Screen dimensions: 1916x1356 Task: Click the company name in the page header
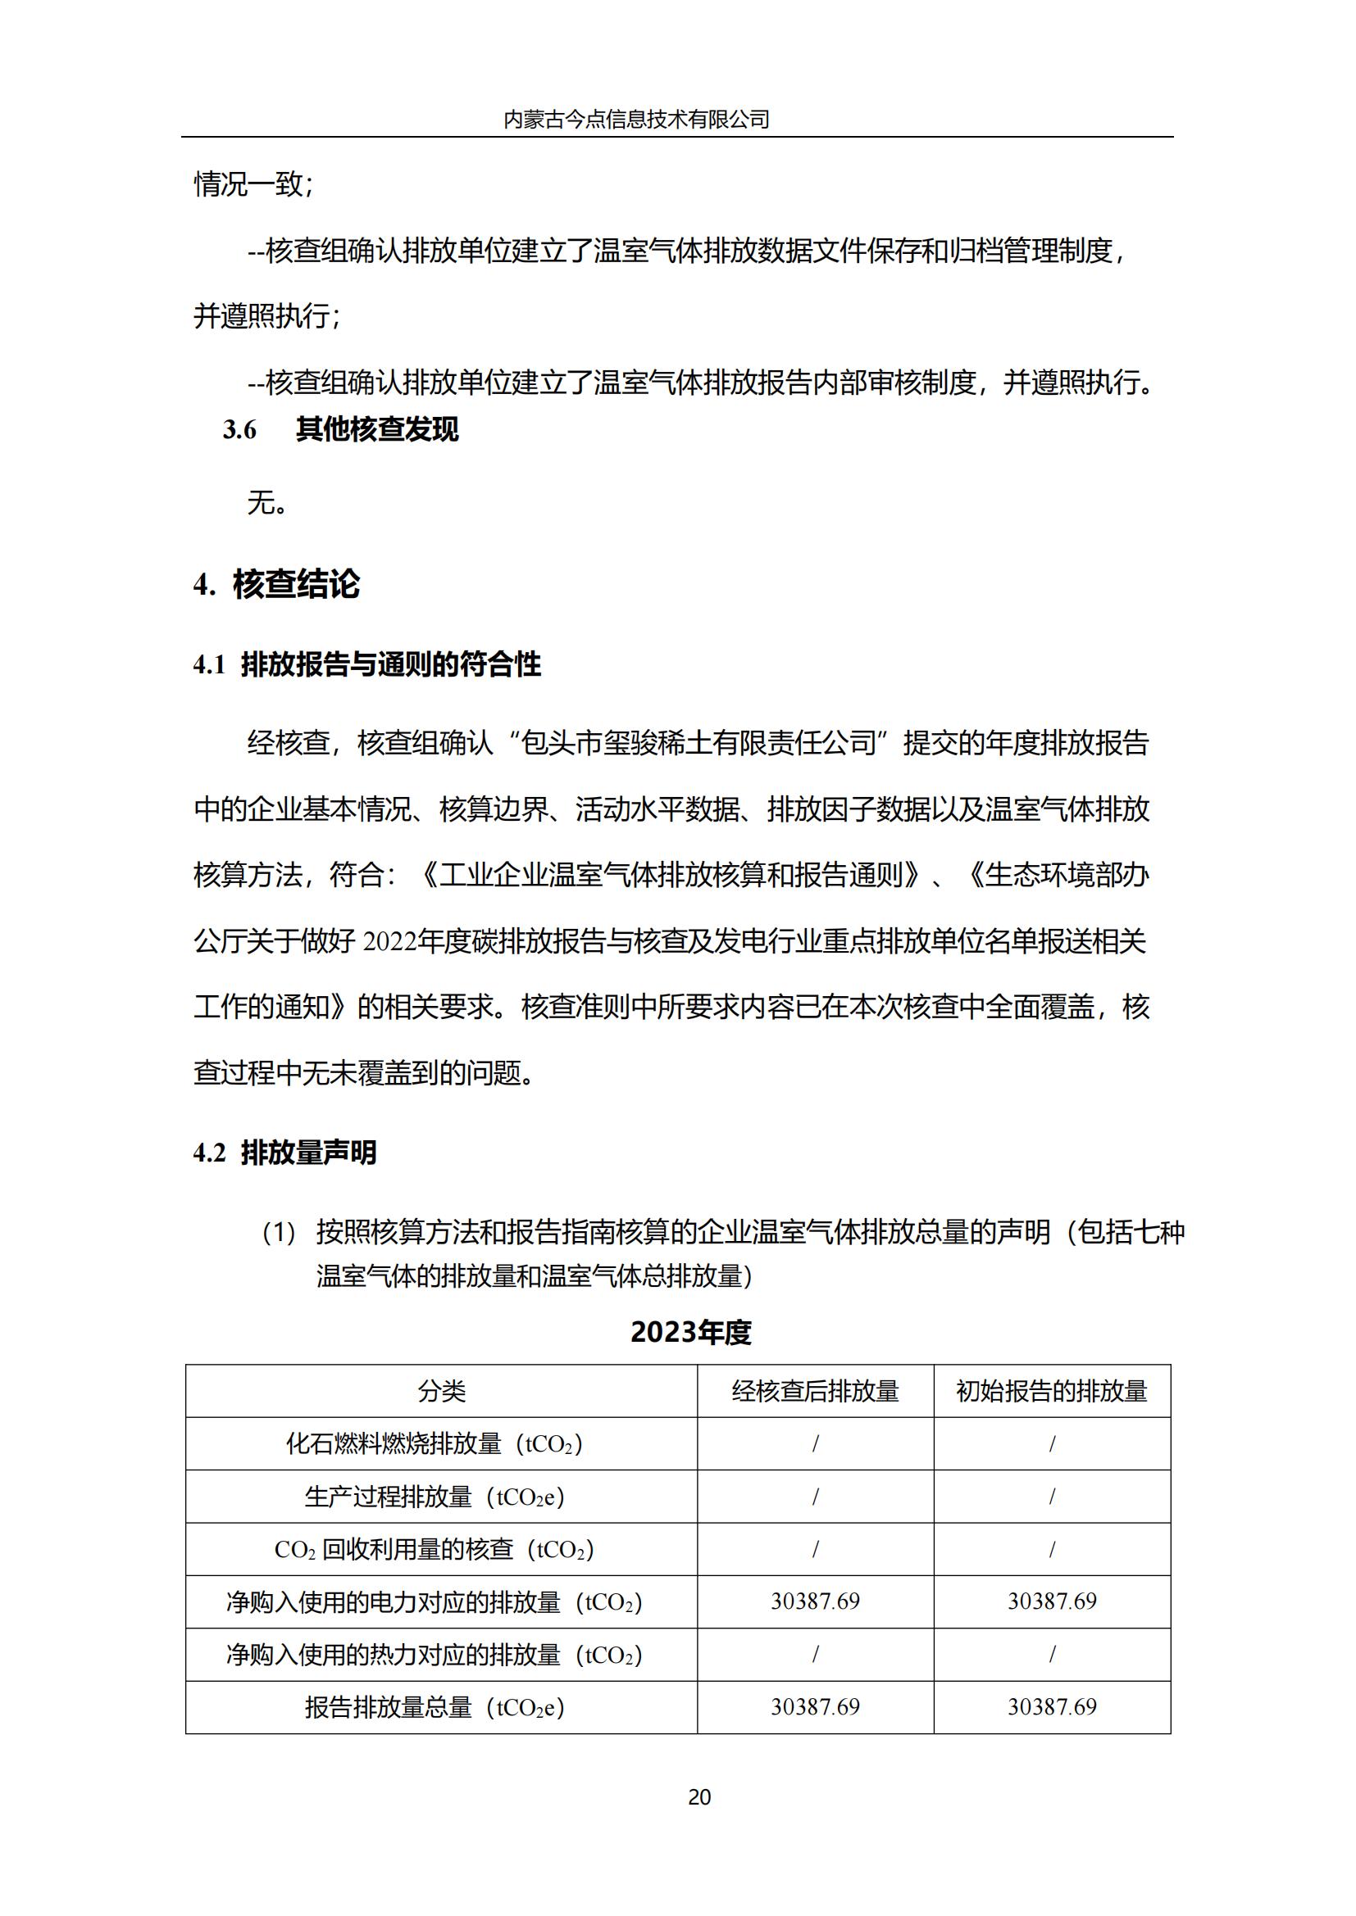(636, 120)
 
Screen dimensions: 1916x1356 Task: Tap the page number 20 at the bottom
(699, 1796)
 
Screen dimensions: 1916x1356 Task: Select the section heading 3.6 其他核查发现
(341, 430)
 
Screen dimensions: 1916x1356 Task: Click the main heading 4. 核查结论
(276, 584)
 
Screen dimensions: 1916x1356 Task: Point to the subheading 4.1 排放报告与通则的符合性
(366, 665)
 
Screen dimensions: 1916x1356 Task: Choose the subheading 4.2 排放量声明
(284, 1153)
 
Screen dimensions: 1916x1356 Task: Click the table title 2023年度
(690, 1332)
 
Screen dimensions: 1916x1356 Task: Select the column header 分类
(441, 1391)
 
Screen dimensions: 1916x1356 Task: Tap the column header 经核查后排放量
(815, 1391)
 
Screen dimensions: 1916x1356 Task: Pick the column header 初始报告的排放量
(1051, 1391)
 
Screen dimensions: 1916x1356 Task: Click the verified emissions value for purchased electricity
(815, 1601)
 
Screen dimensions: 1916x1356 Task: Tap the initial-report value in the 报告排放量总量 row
(1051, 1706)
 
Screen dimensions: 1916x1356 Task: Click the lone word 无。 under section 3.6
(267, 503)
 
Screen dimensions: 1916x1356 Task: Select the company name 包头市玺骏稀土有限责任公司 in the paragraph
(698, 743)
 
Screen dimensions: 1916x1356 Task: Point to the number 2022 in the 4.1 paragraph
(390, 942)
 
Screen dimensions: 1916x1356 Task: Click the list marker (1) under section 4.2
(279, 1233)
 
